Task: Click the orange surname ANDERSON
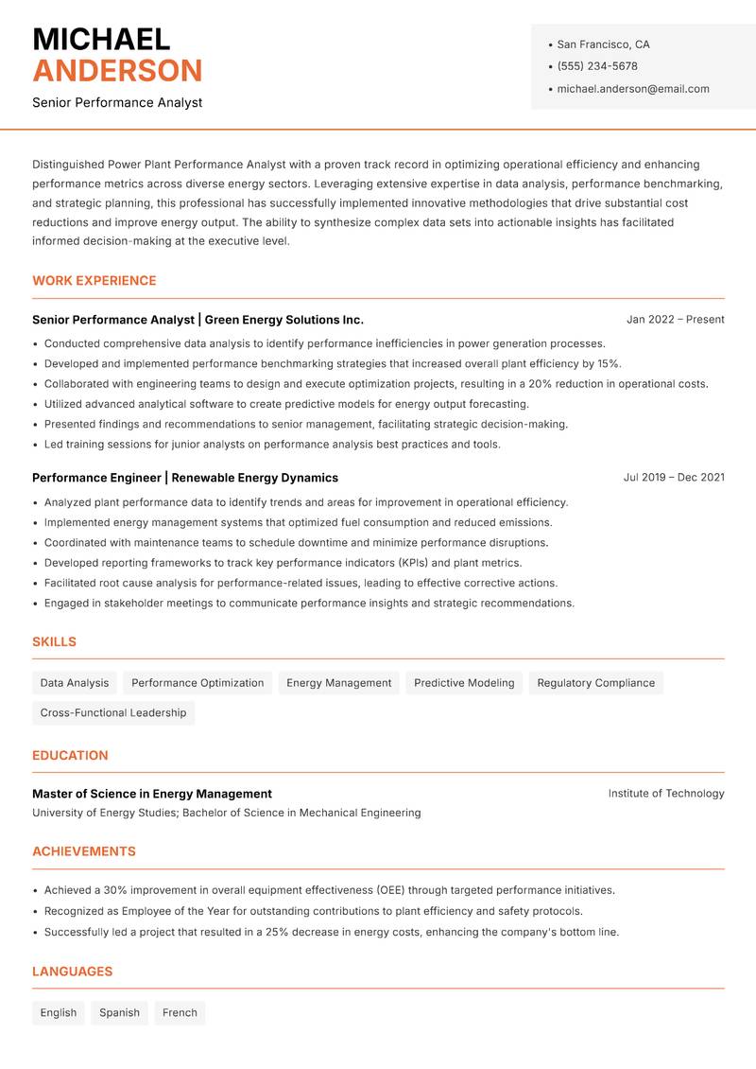click(117, 71)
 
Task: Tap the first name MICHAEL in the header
click(101, 39)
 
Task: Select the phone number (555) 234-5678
click(596, 66)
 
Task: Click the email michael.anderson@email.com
click(632, 89)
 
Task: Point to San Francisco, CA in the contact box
click(603, 44)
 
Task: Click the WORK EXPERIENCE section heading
click(94, 281)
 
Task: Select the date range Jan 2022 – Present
click(675, 320)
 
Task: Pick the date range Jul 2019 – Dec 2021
click(673, 478)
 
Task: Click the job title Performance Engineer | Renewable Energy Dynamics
click(185, 478)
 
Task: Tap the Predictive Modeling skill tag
click(464, 683)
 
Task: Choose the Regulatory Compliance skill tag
click(595, 683)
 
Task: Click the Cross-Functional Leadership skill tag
click(113, 713)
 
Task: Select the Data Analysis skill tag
click(75, 683)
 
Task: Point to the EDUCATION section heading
click(70, 756)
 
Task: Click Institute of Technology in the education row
click(665, 794)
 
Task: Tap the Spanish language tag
click(119, 1013)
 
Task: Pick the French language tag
click(180, 1013)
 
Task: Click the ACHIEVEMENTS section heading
click(84, 851)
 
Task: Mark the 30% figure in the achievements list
click(116, 890)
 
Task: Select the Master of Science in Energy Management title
click(152, 794)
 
